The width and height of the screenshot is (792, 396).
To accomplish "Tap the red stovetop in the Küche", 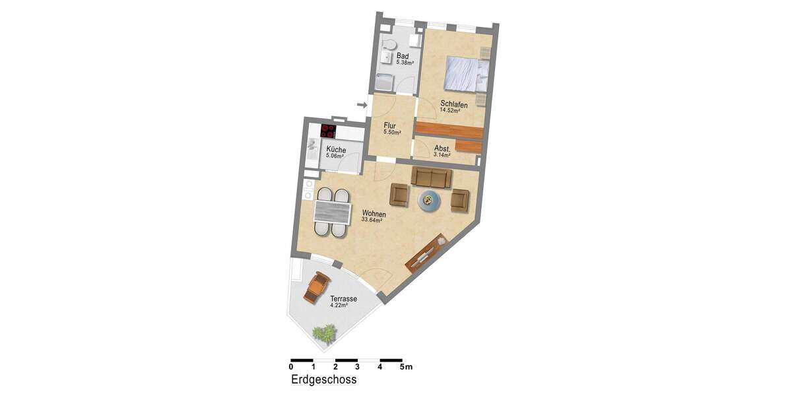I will click(329, 131).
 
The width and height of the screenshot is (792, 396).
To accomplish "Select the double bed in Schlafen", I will click(465, 73).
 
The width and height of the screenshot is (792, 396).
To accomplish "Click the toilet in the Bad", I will click(389, 45).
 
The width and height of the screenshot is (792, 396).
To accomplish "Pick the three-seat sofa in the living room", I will click(432, 177).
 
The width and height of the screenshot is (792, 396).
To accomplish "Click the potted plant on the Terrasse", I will click(324, 334).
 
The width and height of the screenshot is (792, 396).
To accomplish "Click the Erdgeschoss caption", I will click(323, 380).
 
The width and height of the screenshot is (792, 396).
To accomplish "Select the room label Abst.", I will click(442, 148).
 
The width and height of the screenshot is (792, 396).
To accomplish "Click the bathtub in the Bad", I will click(384, 82).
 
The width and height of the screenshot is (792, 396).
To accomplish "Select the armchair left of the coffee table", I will click(400, 195).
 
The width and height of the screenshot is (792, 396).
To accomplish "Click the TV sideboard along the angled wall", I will click(424, 254).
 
